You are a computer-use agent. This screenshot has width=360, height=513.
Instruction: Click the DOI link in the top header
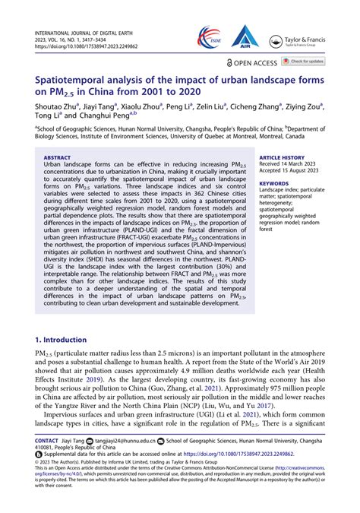(x=84, y=44)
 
